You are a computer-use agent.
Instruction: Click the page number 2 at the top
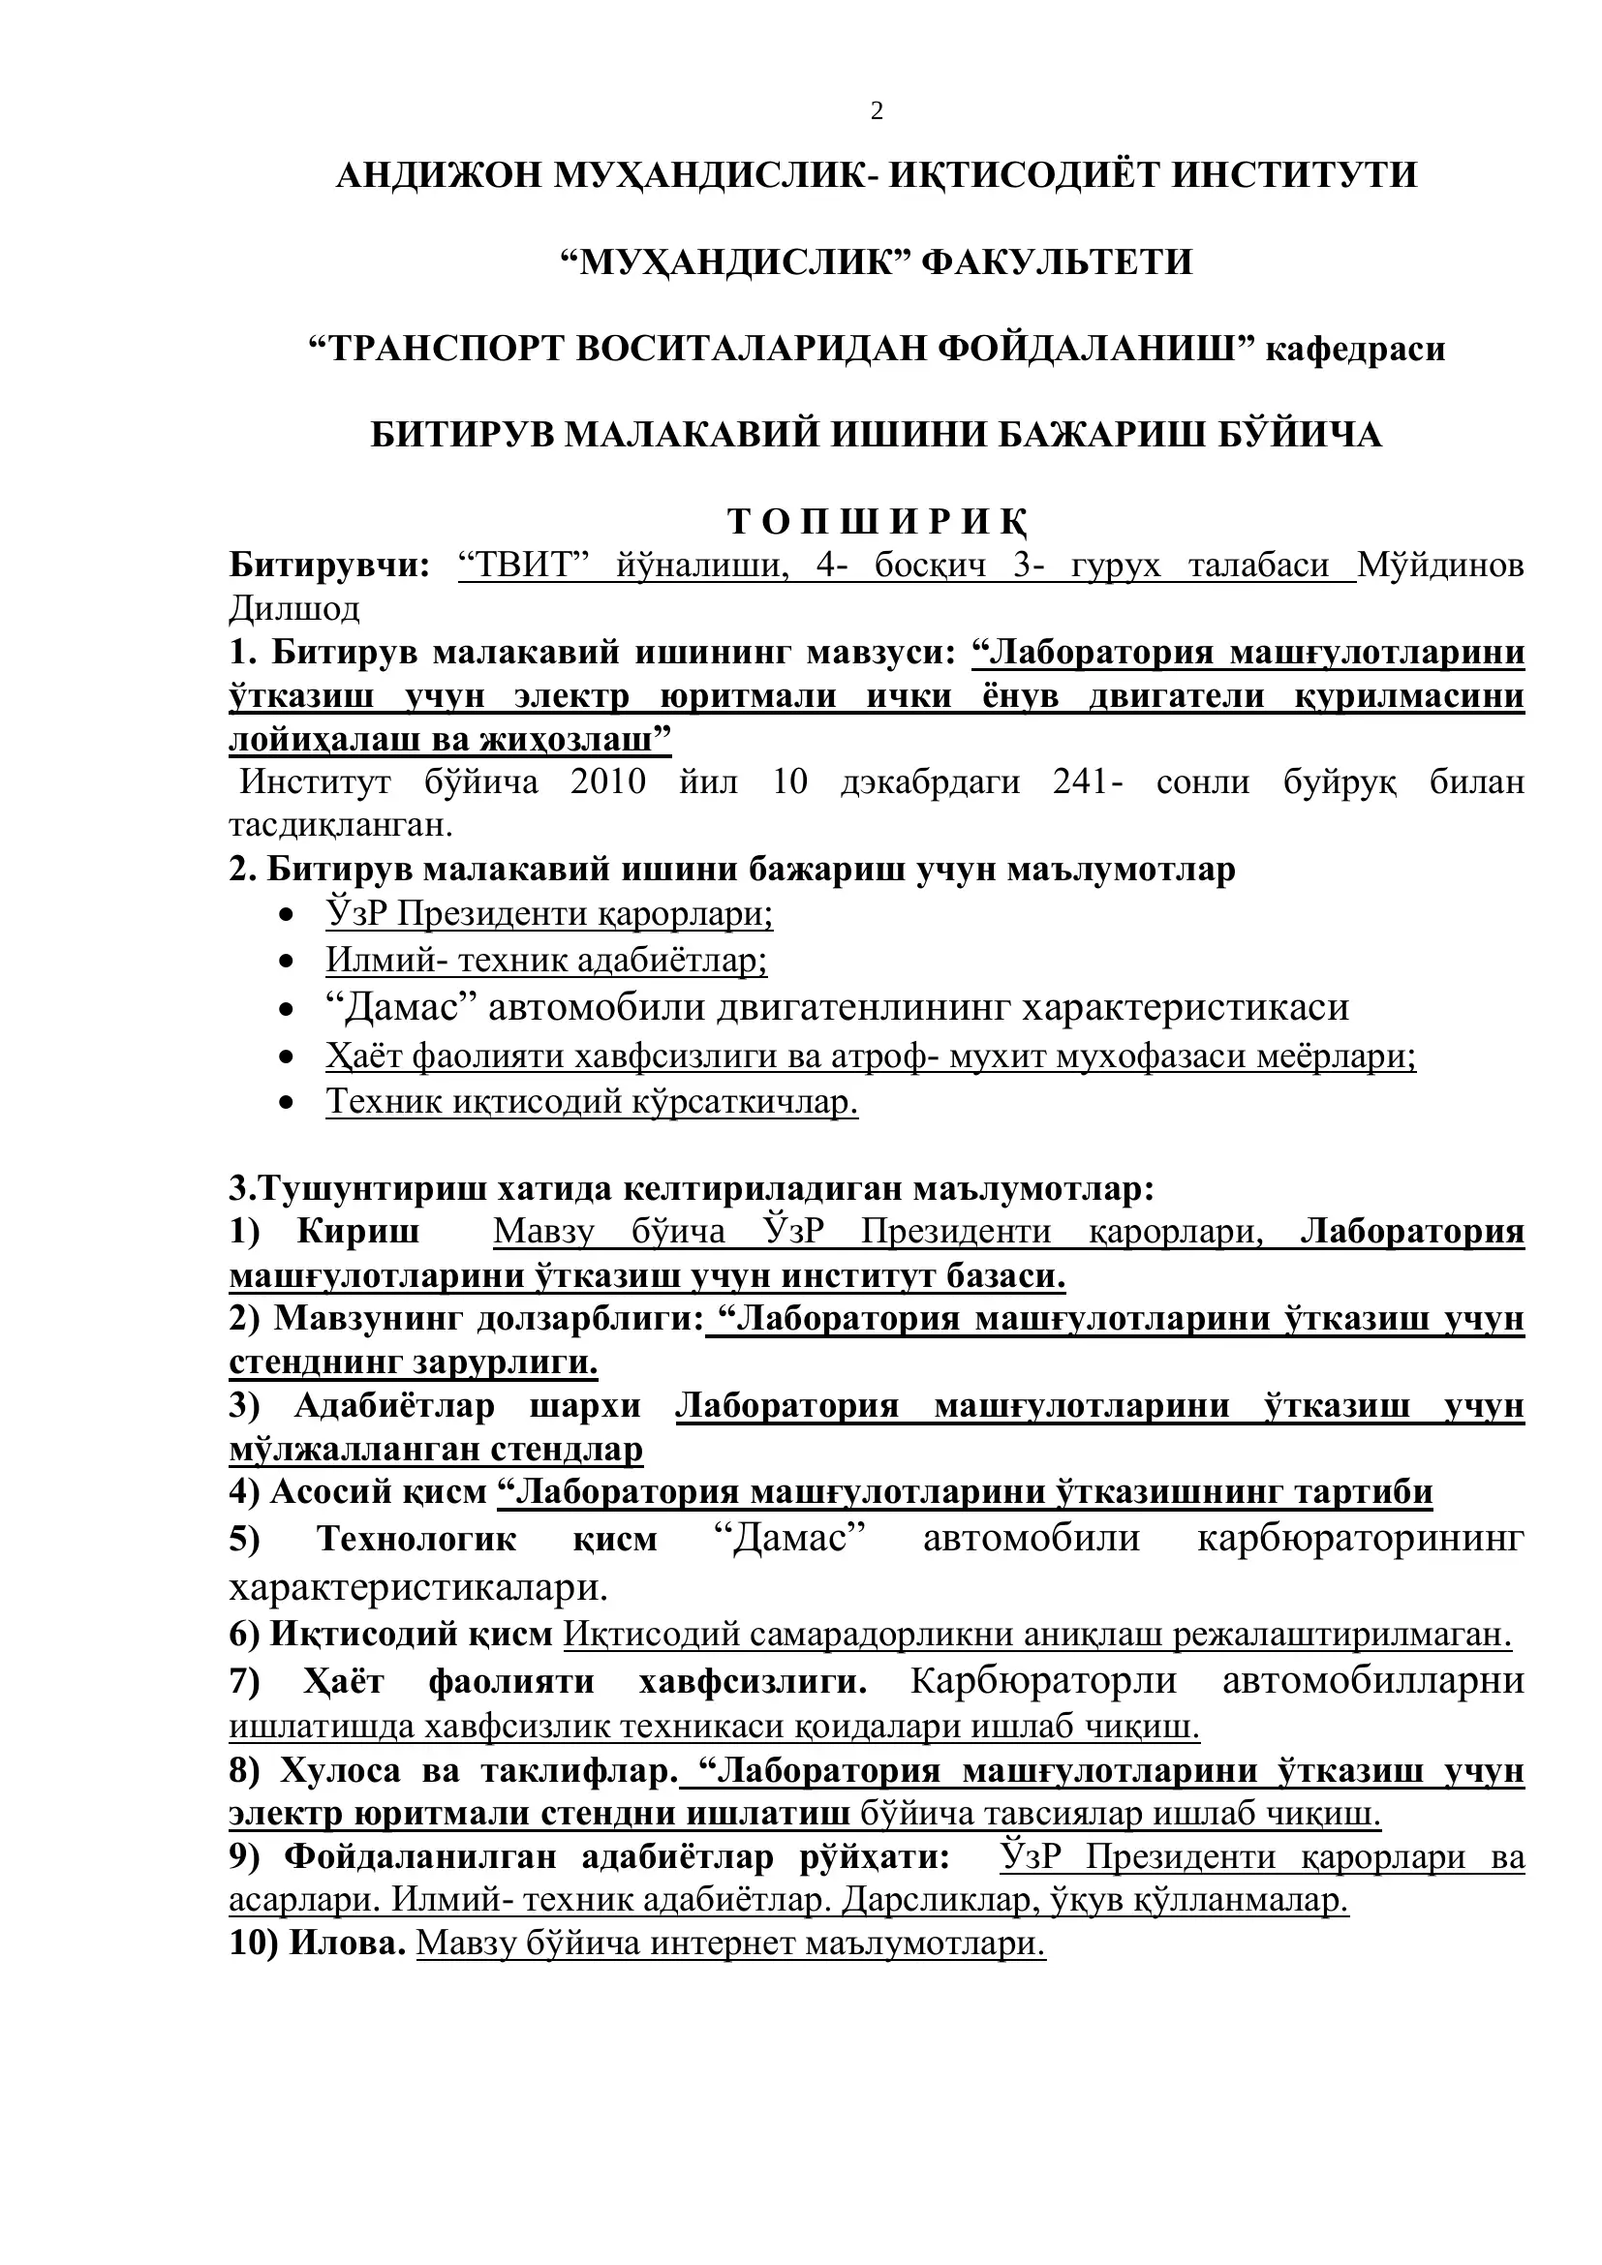(876, 111)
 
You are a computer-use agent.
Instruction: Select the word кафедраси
(1354, 349)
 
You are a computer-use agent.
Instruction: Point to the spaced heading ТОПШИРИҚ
(876, 521)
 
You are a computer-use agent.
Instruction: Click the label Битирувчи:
(329, 566)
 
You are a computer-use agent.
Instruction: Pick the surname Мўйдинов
(1440, 566)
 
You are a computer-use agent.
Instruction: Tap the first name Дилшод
(294, 609)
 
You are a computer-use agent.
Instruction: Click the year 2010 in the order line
(606, 781)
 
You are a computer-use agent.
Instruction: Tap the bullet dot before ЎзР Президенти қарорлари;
(286, 915)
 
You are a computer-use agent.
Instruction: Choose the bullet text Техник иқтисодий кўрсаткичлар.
(592, 1101)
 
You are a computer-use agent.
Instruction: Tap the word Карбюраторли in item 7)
(1044, 1680)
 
